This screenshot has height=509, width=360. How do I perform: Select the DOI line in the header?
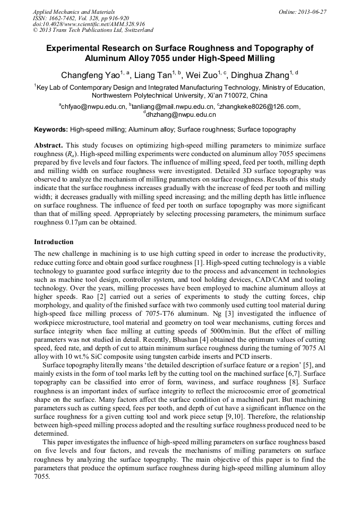89,24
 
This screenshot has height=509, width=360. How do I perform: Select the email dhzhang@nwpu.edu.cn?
181,114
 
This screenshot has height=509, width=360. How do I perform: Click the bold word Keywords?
51,129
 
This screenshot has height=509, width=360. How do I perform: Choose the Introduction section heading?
54,241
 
